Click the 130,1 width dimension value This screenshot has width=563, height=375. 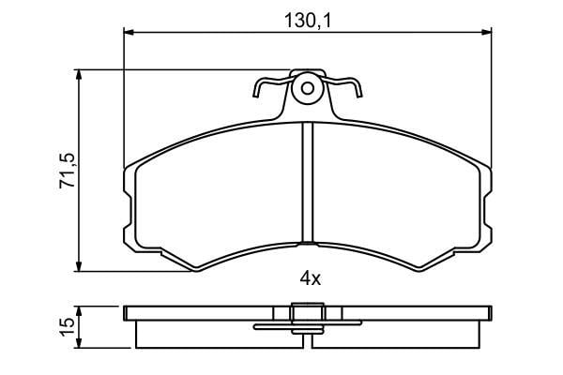coord(308,21)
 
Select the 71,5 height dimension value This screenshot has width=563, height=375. coord(68,171)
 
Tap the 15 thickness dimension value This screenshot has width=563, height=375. coord(68,327)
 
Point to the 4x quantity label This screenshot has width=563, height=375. coord(311,278)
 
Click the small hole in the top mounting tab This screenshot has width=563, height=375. coord(308,88)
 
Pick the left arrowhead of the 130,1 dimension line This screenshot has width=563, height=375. coord(129,33)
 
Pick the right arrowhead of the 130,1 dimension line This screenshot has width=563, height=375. coord(486,33)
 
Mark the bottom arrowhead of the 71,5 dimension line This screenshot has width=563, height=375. coord(79,266)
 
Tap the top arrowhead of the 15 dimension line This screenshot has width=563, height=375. coord(79,311)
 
